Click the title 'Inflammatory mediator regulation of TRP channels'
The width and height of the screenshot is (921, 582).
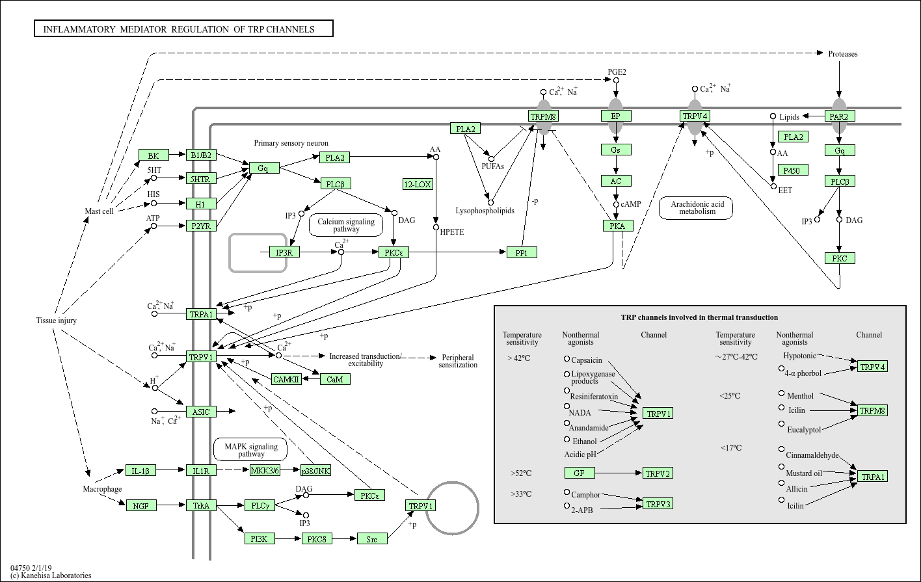click(183, 29)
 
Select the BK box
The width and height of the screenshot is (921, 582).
click(153, 155)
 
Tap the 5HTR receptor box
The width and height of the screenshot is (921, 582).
click(200, 178)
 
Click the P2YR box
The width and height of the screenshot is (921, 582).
click(200, 226)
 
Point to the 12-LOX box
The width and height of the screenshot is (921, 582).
click(418, 184)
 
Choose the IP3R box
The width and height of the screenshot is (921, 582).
click(284, 252)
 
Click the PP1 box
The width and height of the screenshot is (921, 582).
click(522, 252)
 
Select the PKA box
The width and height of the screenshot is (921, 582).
click(617, 226)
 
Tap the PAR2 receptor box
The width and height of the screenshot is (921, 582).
click(839, 116)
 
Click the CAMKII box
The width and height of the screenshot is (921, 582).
click(287, 379)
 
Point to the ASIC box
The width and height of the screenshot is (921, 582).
click(201, 412)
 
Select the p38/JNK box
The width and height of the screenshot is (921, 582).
click(315, 470)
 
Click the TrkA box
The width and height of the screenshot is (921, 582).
click(201, 505)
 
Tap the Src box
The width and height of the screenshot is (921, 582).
click(372, 538)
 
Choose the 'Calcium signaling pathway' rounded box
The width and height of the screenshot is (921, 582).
click(346, 225)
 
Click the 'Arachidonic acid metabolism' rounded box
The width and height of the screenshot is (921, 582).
click(696, 207)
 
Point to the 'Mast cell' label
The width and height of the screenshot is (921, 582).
click(99, 211)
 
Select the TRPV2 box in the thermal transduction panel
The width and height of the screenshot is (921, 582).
click(658, 473)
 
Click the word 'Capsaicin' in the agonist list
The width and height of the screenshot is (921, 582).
click(587, 360)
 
